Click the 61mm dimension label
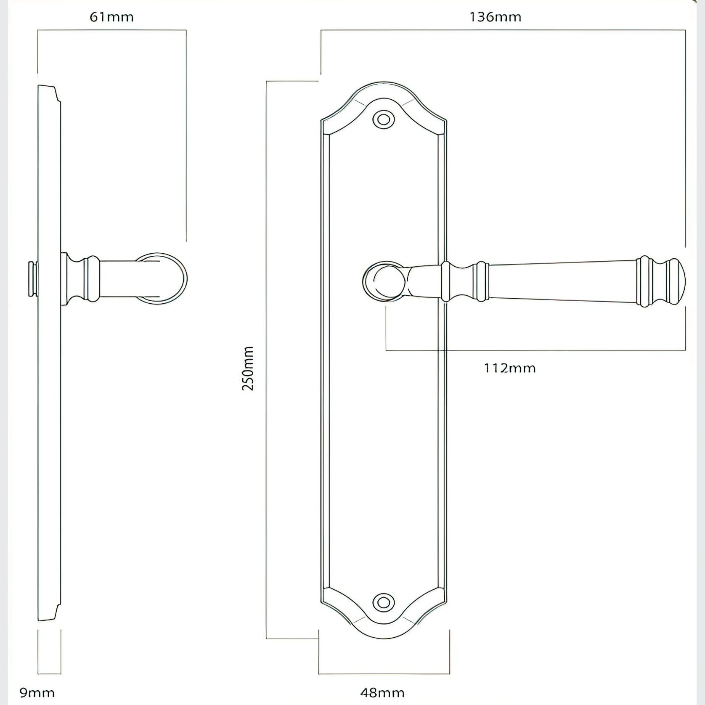(111, 17)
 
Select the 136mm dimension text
(495, 17)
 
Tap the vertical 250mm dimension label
(248, 368)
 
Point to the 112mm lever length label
(509, 368)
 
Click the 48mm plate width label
(382, 692)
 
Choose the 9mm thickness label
(37, 692)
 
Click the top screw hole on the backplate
(383, 120)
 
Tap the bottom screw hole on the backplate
(383, 602)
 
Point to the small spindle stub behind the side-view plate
(32, 279)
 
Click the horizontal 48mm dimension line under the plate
(384, 673)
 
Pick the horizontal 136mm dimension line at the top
(503, 30)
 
